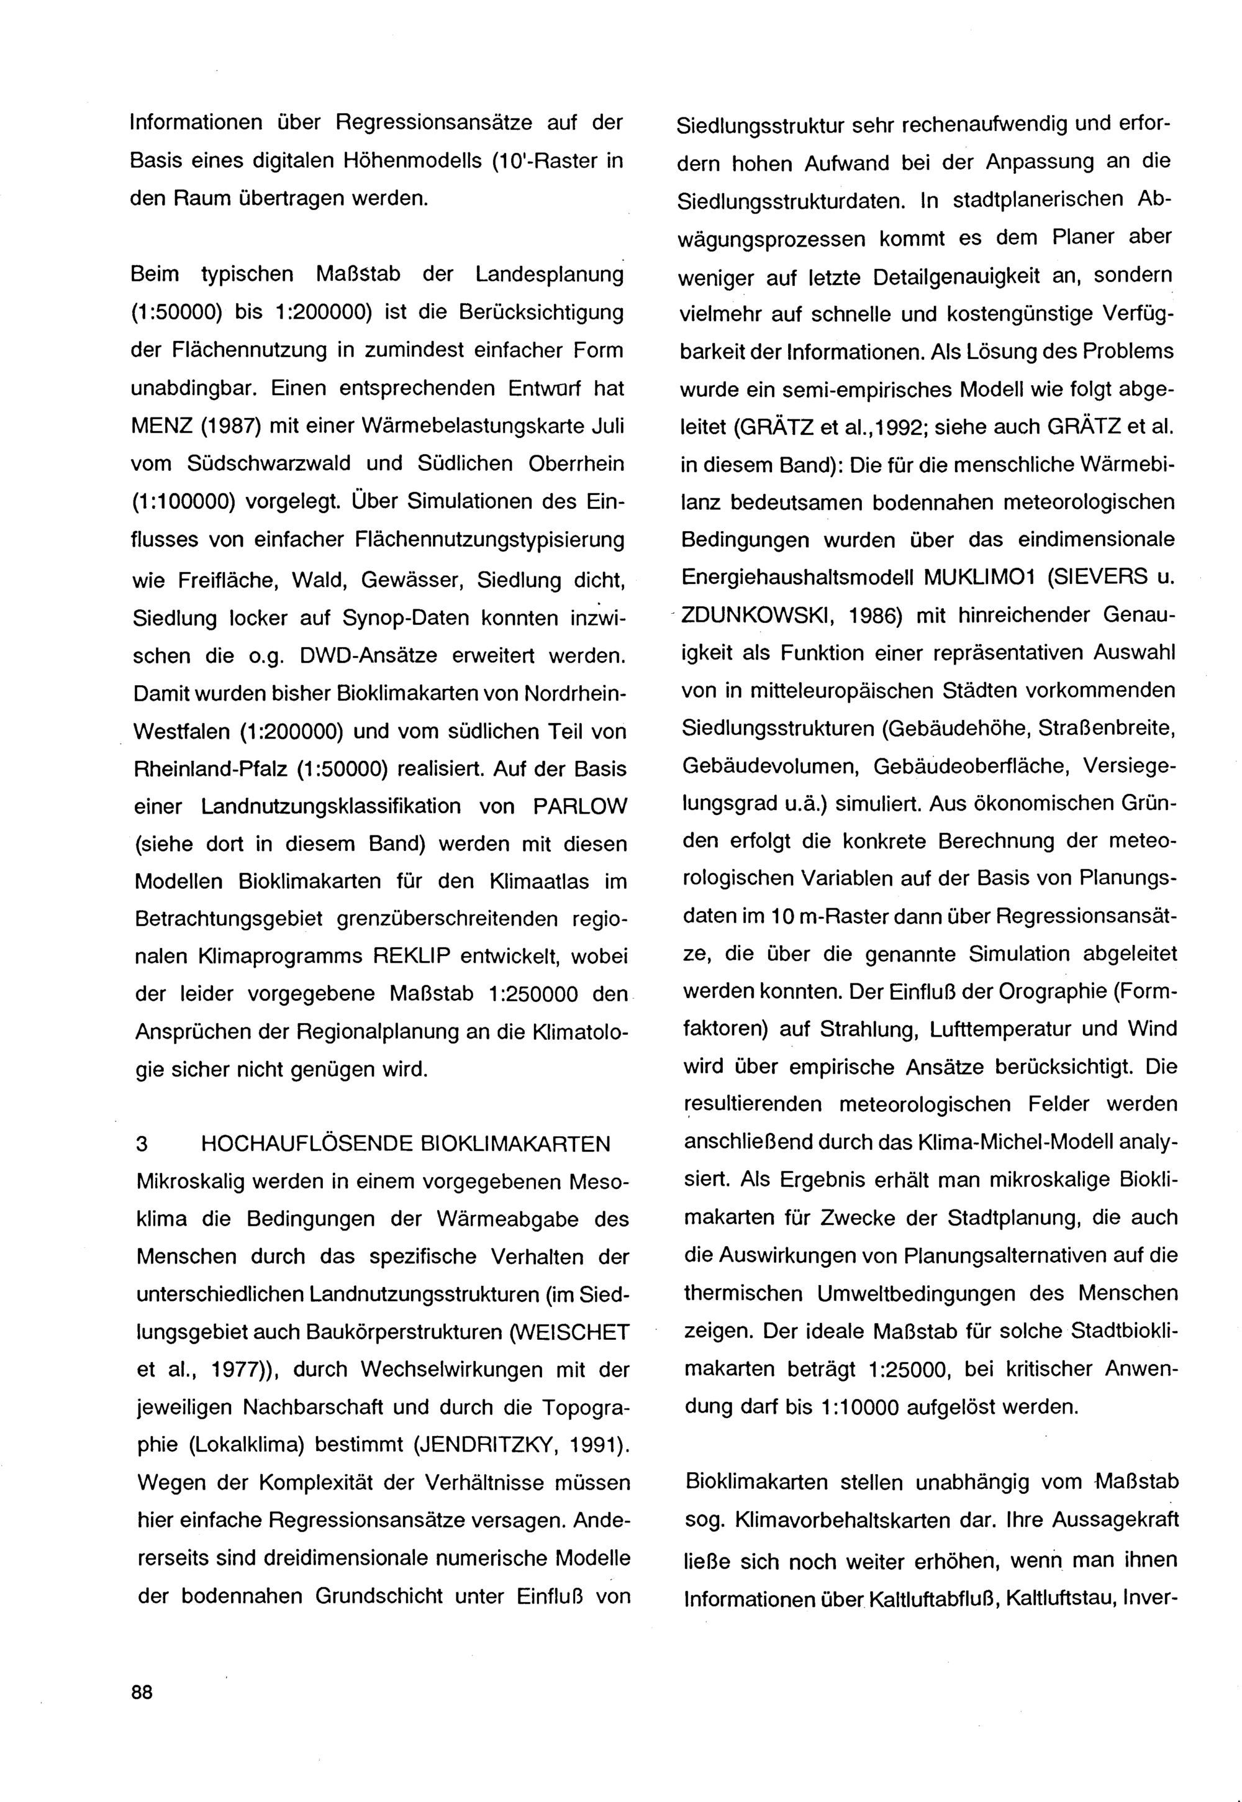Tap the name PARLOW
tap(580, 806)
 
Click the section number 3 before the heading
tap(142, 1144)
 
